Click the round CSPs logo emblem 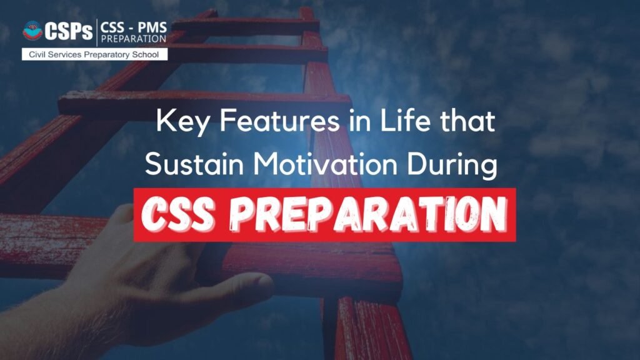32,31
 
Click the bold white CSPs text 69,31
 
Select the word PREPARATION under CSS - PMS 134,39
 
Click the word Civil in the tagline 37,54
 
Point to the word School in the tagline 145,54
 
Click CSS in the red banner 178,214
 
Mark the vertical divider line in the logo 97,32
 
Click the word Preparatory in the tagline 108,55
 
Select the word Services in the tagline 66,54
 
